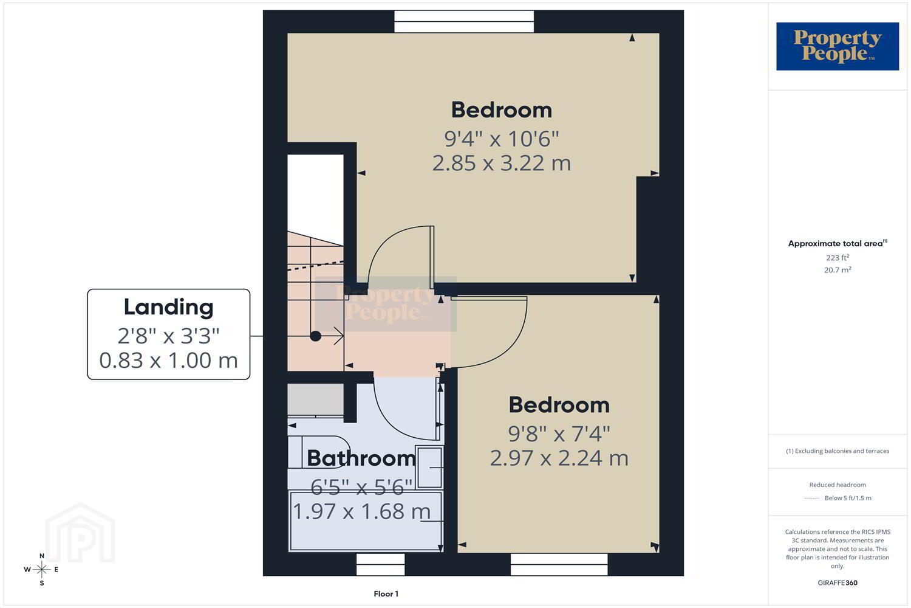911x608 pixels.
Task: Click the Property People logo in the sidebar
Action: [838, 46]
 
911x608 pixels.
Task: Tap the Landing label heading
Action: [168, 308]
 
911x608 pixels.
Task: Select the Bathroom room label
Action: [361, 458]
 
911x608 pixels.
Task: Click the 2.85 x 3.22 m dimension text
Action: [502, 164]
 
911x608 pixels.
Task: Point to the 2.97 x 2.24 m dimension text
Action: [559, 458]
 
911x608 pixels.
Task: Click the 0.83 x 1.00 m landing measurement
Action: [168, 361]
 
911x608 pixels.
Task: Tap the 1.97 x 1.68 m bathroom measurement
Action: [361, 511]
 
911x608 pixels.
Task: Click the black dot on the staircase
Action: [316, 336]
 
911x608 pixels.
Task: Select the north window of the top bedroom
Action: [464, 21]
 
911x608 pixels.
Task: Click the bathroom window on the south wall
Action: [381, 564]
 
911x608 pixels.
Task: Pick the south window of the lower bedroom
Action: [559, 564]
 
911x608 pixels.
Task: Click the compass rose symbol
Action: [41, 569]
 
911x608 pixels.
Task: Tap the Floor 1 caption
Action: [386, 594]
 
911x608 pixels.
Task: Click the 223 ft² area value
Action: [838, 258]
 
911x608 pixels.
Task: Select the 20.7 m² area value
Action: [838, 270]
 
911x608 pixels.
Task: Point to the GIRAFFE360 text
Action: [838, 582]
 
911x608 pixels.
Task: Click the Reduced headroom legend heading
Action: [838, 485]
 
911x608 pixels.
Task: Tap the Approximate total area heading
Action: [838, 244]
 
